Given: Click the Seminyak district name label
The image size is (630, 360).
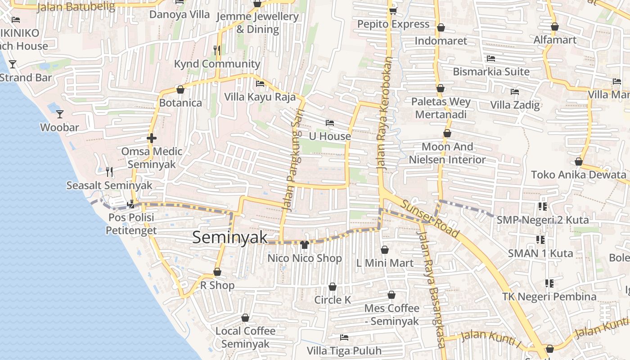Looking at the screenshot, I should [x=230, y=238].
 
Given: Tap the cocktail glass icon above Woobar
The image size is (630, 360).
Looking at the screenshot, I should [x=60, y=114].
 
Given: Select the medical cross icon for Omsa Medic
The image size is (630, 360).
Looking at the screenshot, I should [x=151, y=138].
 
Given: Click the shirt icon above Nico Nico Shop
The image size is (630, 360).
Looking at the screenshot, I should [x=305, y=245].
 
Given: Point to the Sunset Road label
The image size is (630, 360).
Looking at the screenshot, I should [x=430, y=219].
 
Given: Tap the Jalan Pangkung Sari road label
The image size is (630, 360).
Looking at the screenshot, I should [x=292, y=160].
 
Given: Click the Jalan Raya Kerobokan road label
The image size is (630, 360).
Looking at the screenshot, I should [x=385, y=113].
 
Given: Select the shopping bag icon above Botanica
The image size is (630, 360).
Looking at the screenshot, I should [x=180, y=90].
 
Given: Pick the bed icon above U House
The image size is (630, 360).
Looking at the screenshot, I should [x=330, y=123].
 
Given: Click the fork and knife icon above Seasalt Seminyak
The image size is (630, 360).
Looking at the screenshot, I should [x=109, y=171].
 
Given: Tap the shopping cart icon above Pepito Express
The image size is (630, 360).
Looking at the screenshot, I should [x=393, y=10].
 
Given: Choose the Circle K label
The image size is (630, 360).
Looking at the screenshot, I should [x=333, y=300].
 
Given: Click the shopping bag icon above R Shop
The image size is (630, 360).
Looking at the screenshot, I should [x=217, y=272].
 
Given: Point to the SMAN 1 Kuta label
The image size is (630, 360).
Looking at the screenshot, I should [x=540, y=253].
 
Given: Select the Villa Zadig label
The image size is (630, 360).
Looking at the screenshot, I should [x=515, y=105].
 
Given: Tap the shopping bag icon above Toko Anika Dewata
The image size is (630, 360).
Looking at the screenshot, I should [x=578, y=162].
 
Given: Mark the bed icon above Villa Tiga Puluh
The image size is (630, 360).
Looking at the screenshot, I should [x=344, y=337].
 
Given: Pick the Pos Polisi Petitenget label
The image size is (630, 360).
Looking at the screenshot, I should [x=131, y=224].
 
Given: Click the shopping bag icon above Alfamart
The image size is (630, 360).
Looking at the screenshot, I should [x=555, y=27].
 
